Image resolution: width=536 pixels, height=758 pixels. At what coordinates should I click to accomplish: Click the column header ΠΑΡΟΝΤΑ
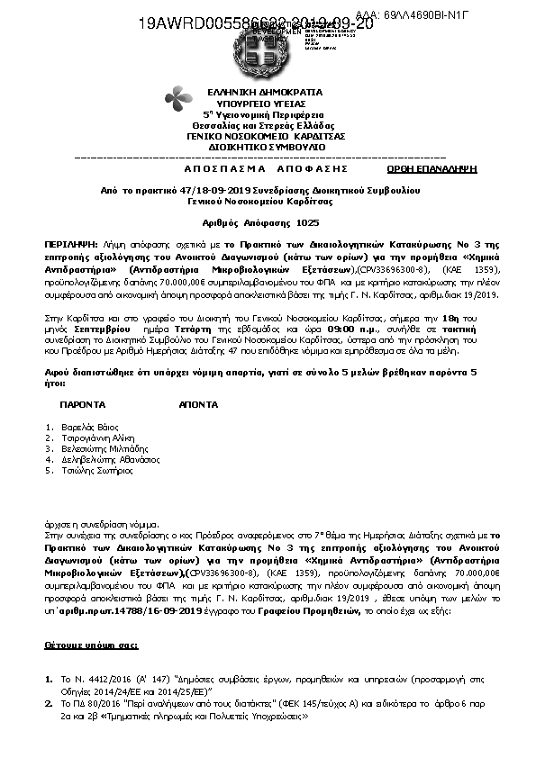coord(83,406)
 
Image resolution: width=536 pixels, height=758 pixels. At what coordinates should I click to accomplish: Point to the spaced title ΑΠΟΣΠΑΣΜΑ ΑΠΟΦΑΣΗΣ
coord(259,168)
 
